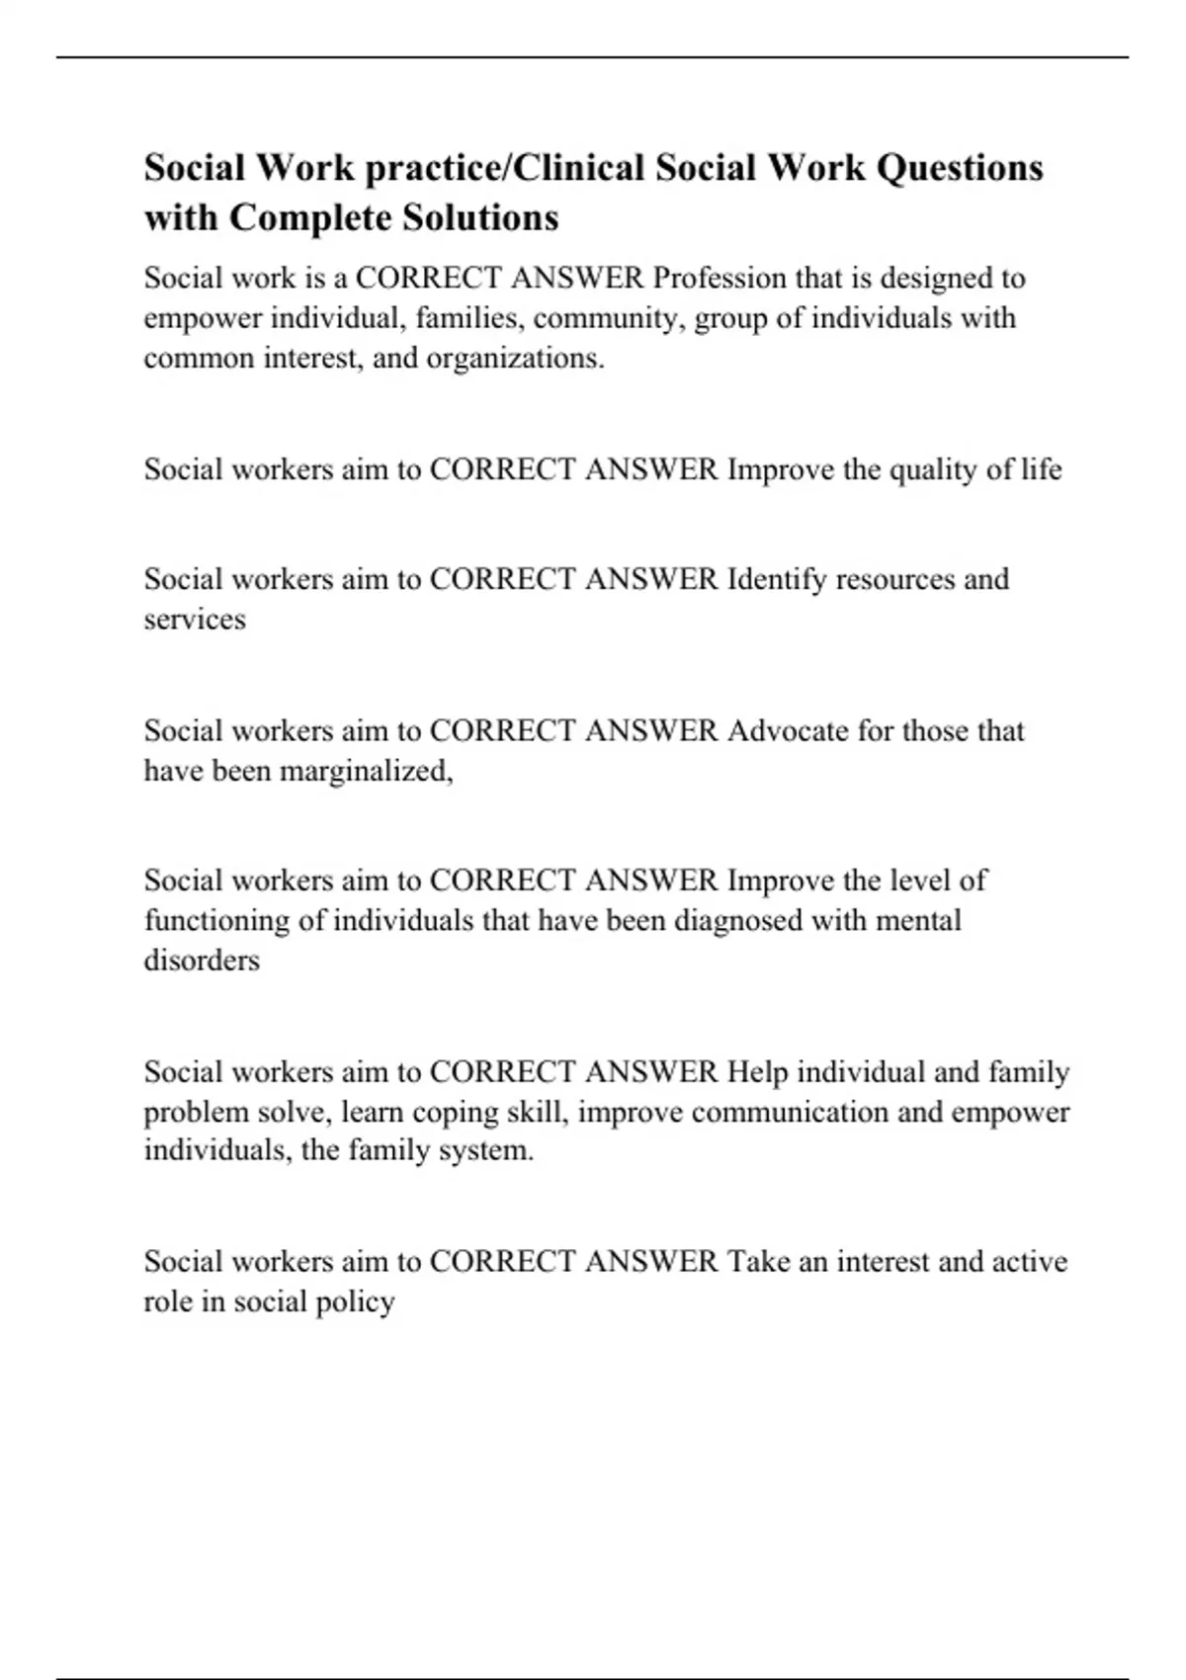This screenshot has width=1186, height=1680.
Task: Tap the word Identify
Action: click(777, 578)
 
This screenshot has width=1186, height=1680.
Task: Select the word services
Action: click(195, 619)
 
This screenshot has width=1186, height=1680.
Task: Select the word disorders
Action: click(202, 960)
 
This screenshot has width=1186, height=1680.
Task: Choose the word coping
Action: click(456, 1112)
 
